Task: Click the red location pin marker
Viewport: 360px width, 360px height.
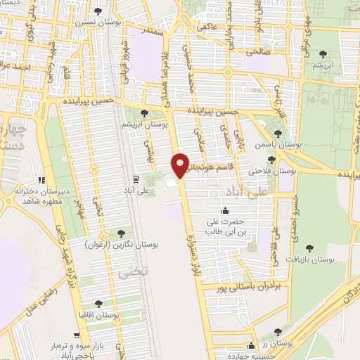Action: pyautogui.click(x=181, y=165)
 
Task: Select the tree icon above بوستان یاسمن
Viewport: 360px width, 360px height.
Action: pyautogui.click(x=278, y=134)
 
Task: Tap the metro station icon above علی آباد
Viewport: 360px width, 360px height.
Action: pyautogui.click(x=136, y=179)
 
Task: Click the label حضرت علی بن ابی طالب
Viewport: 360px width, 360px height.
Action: pyautogui.click(x=224, y=226)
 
